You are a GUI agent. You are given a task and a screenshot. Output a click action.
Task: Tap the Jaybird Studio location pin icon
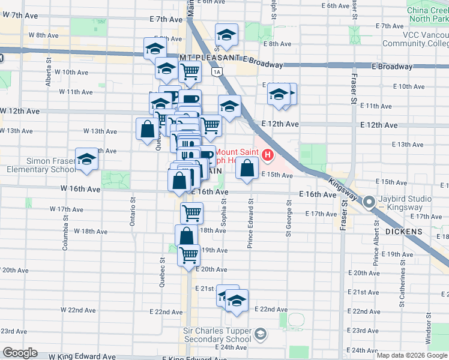coord(369,202)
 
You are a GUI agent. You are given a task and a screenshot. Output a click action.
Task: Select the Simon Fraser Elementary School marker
coord(87,160)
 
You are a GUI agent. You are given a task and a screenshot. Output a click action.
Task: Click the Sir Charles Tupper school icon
coord(261,334)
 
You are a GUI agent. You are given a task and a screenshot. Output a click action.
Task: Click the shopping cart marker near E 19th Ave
coord(189,254)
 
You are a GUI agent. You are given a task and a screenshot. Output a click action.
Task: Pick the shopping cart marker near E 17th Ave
coord(191,212)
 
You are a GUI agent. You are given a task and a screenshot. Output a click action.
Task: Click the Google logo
coord(19,353)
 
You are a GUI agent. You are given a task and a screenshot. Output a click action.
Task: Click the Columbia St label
coord(65,223)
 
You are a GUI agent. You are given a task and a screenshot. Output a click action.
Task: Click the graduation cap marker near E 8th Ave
coord(226,35)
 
